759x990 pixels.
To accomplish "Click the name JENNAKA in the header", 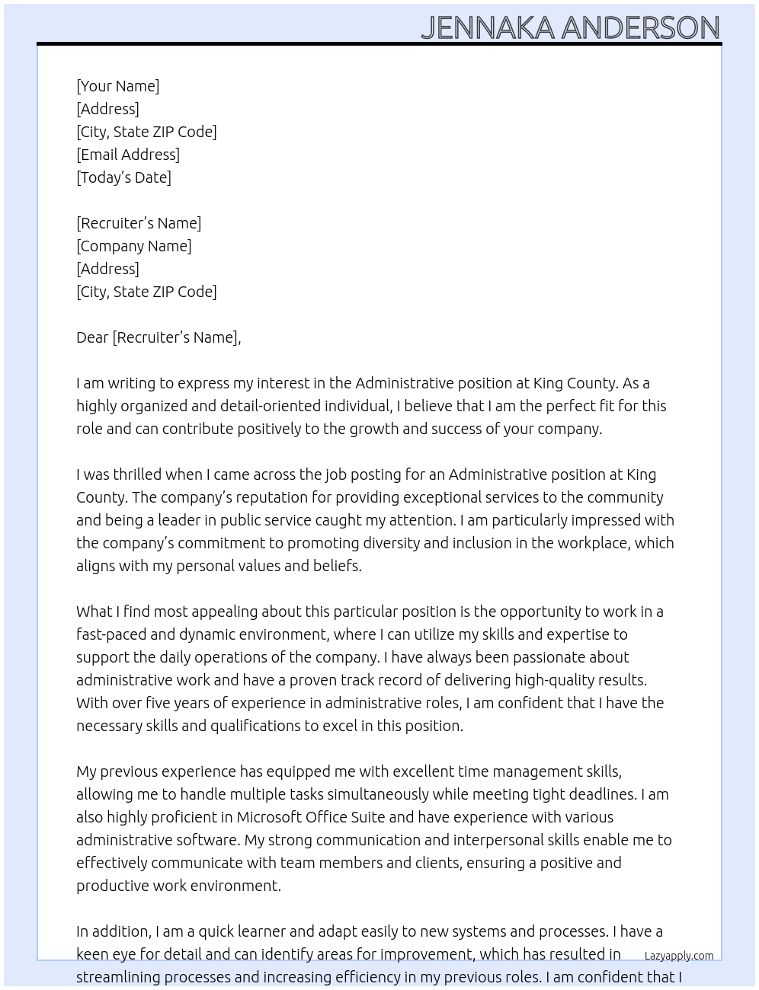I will point(488,27).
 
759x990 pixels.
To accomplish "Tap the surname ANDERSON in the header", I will point(640,27).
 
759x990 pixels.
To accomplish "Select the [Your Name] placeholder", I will point(117,86).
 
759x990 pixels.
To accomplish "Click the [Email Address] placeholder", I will point(127,155).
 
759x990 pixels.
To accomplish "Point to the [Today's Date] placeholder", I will point(123,177).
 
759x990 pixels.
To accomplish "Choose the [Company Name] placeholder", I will point(133,246).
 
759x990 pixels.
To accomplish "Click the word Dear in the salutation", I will point(92,337).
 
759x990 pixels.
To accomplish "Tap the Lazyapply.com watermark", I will point(678,956).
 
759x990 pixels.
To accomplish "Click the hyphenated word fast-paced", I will point(110,634).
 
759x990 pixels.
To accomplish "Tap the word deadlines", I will point(601,794).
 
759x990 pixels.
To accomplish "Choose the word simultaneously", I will point(378,794).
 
